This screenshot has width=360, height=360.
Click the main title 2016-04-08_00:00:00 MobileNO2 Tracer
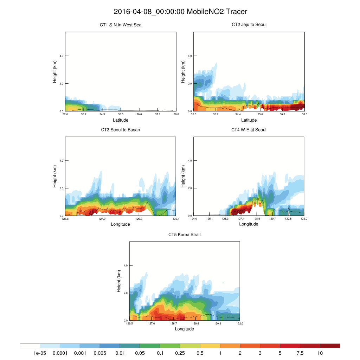180,12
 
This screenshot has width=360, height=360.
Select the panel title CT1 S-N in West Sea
121,25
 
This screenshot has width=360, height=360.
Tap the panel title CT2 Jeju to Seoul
249,25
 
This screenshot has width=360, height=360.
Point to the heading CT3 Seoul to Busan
121,130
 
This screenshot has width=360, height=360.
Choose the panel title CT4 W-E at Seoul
249,130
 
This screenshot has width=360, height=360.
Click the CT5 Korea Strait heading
185,234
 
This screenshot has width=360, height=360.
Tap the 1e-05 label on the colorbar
40,353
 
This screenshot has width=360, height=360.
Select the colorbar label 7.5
300,353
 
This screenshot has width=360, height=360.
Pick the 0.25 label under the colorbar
180,353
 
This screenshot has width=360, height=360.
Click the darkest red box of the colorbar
330,346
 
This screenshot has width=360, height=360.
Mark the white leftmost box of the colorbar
30,346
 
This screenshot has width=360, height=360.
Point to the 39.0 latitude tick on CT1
176,114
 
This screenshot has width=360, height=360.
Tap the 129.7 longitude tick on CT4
272,219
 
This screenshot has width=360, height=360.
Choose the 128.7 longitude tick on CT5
173,323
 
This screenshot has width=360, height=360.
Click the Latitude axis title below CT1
121,120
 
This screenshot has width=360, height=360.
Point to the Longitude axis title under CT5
185,329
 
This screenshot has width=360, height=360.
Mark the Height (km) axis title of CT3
55,176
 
